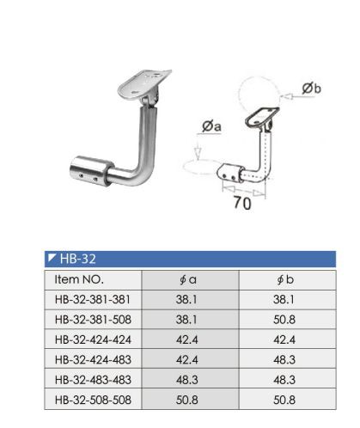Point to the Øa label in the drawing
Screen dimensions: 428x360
pos(211,127)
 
